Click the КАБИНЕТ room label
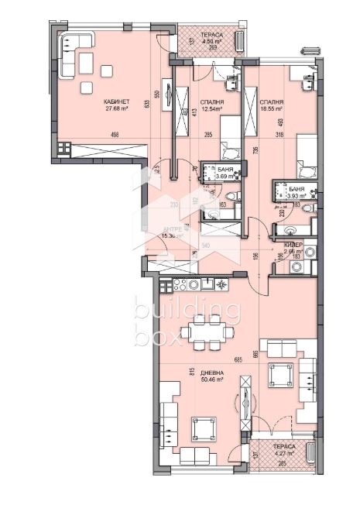point(115,101)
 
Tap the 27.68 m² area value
point(115,109)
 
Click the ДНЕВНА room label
point(201,373)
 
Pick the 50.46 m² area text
point(201,380)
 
